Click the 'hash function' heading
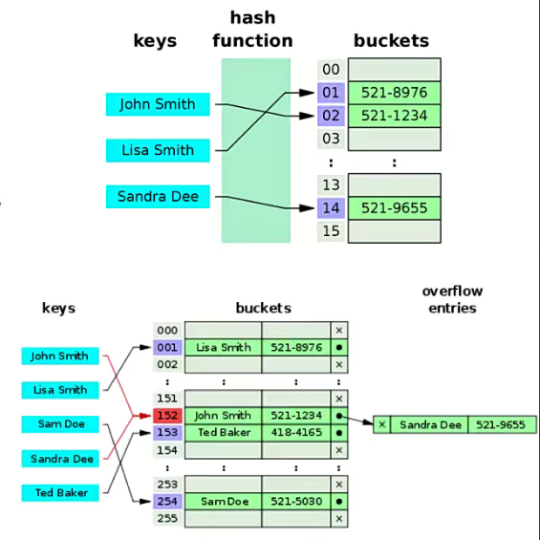[252, 29]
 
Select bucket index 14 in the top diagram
[331, 207]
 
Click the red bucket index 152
[167, 416]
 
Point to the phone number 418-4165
[296, 432]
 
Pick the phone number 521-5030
[296, 501]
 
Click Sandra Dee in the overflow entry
[429, 424]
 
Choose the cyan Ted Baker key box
[60, 493]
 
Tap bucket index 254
[167, 501]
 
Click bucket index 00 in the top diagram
[331, 69]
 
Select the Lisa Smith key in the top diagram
[158, 150]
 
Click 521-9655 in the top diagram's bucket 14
[394, 207]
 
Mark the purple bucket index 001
[167, 348]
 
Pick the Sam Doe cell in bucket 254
[224, 501]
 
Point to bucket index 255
[167, 518]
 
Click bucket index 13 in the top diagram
[331, 184]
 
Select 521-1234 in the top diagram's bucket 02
[394, 116]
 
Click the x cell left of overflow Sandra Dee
[382, 424]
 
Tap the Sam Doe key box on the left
[60, 424]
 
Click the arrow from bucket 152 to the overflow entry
[357, 421]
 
